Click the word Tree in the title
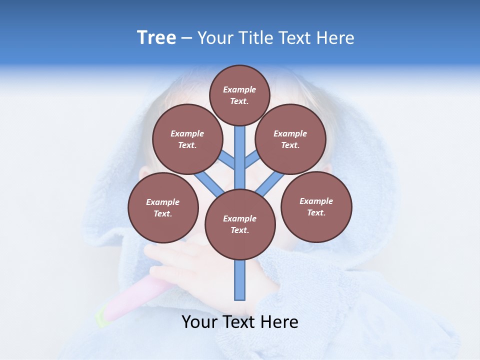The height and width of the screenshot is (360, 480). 156,38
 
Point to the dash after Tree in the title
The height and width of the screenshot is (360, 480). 186,38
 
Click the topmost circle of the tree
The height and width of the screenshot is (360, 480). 239,95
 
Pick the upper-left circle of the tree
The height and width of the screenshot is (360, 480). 187,139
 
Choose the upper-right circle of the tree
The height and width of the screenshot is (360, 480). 290,139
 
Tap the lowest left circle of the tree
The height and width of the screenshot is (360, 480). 163,207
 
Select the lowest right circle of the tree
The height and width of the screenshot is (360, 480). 316,206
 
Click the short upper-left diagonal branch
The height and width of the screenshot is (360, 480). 226,160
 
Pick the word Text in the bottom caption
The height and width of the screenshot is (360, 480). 240,322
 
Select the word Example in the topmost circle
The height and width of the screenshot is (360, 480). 239,89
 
